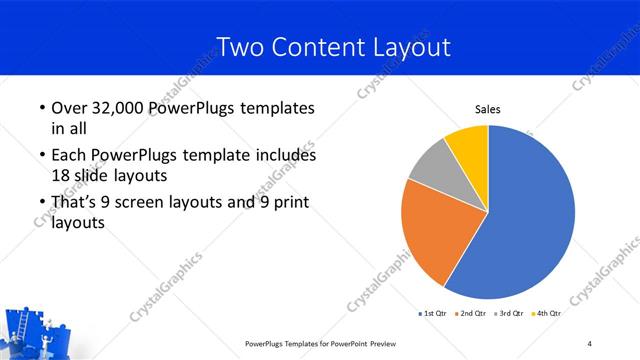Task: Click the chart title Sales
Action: pyautogui.click(x=487, y=110)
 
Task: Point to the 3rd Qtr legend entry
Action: pyautogui.click(x=511, y=314)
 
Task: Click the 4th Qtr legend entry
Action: pyautogui.click(x=548, y=314)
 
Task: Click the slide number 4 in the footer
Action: pyautogui.click(x=590, y=344)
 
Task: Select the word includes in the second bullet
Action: pyautogui.click(x=287, y=156)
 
